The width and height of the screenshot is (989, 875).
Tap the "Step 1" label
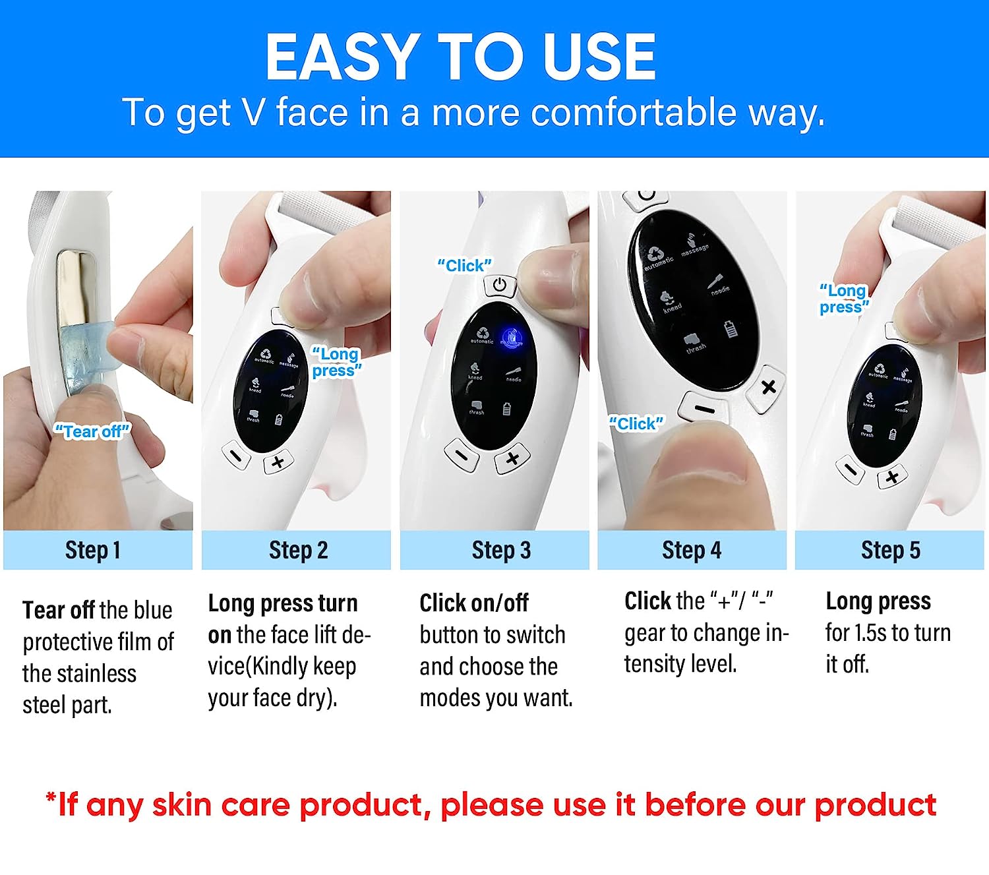(93, 550)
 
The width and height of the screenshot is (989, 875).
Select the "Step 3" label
(501, 550)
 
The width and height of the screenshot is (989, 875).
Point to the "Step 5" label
(890, 550)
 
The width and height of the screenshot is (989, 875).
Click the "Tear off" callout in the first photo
(92, 431)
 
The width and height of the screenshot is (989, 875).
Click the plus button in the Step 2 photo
(278, 462)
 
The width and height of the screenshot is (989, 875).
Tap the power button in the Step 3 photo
(500, 286)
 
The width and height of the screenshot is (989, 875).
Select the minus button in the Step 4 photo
(704, 408)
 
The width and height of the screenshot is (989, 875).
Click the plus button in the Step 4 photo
(768, 387)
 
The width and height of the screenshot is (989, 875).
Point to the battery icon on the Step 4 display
(731, 328)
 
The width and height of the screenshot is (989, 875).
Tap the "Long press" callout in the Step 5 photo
(843, 299)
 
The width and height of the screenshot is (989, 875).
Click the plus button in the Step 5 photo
(891, 477)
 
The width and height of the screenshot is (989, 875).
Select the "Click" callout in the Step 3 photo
(464, 265)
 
